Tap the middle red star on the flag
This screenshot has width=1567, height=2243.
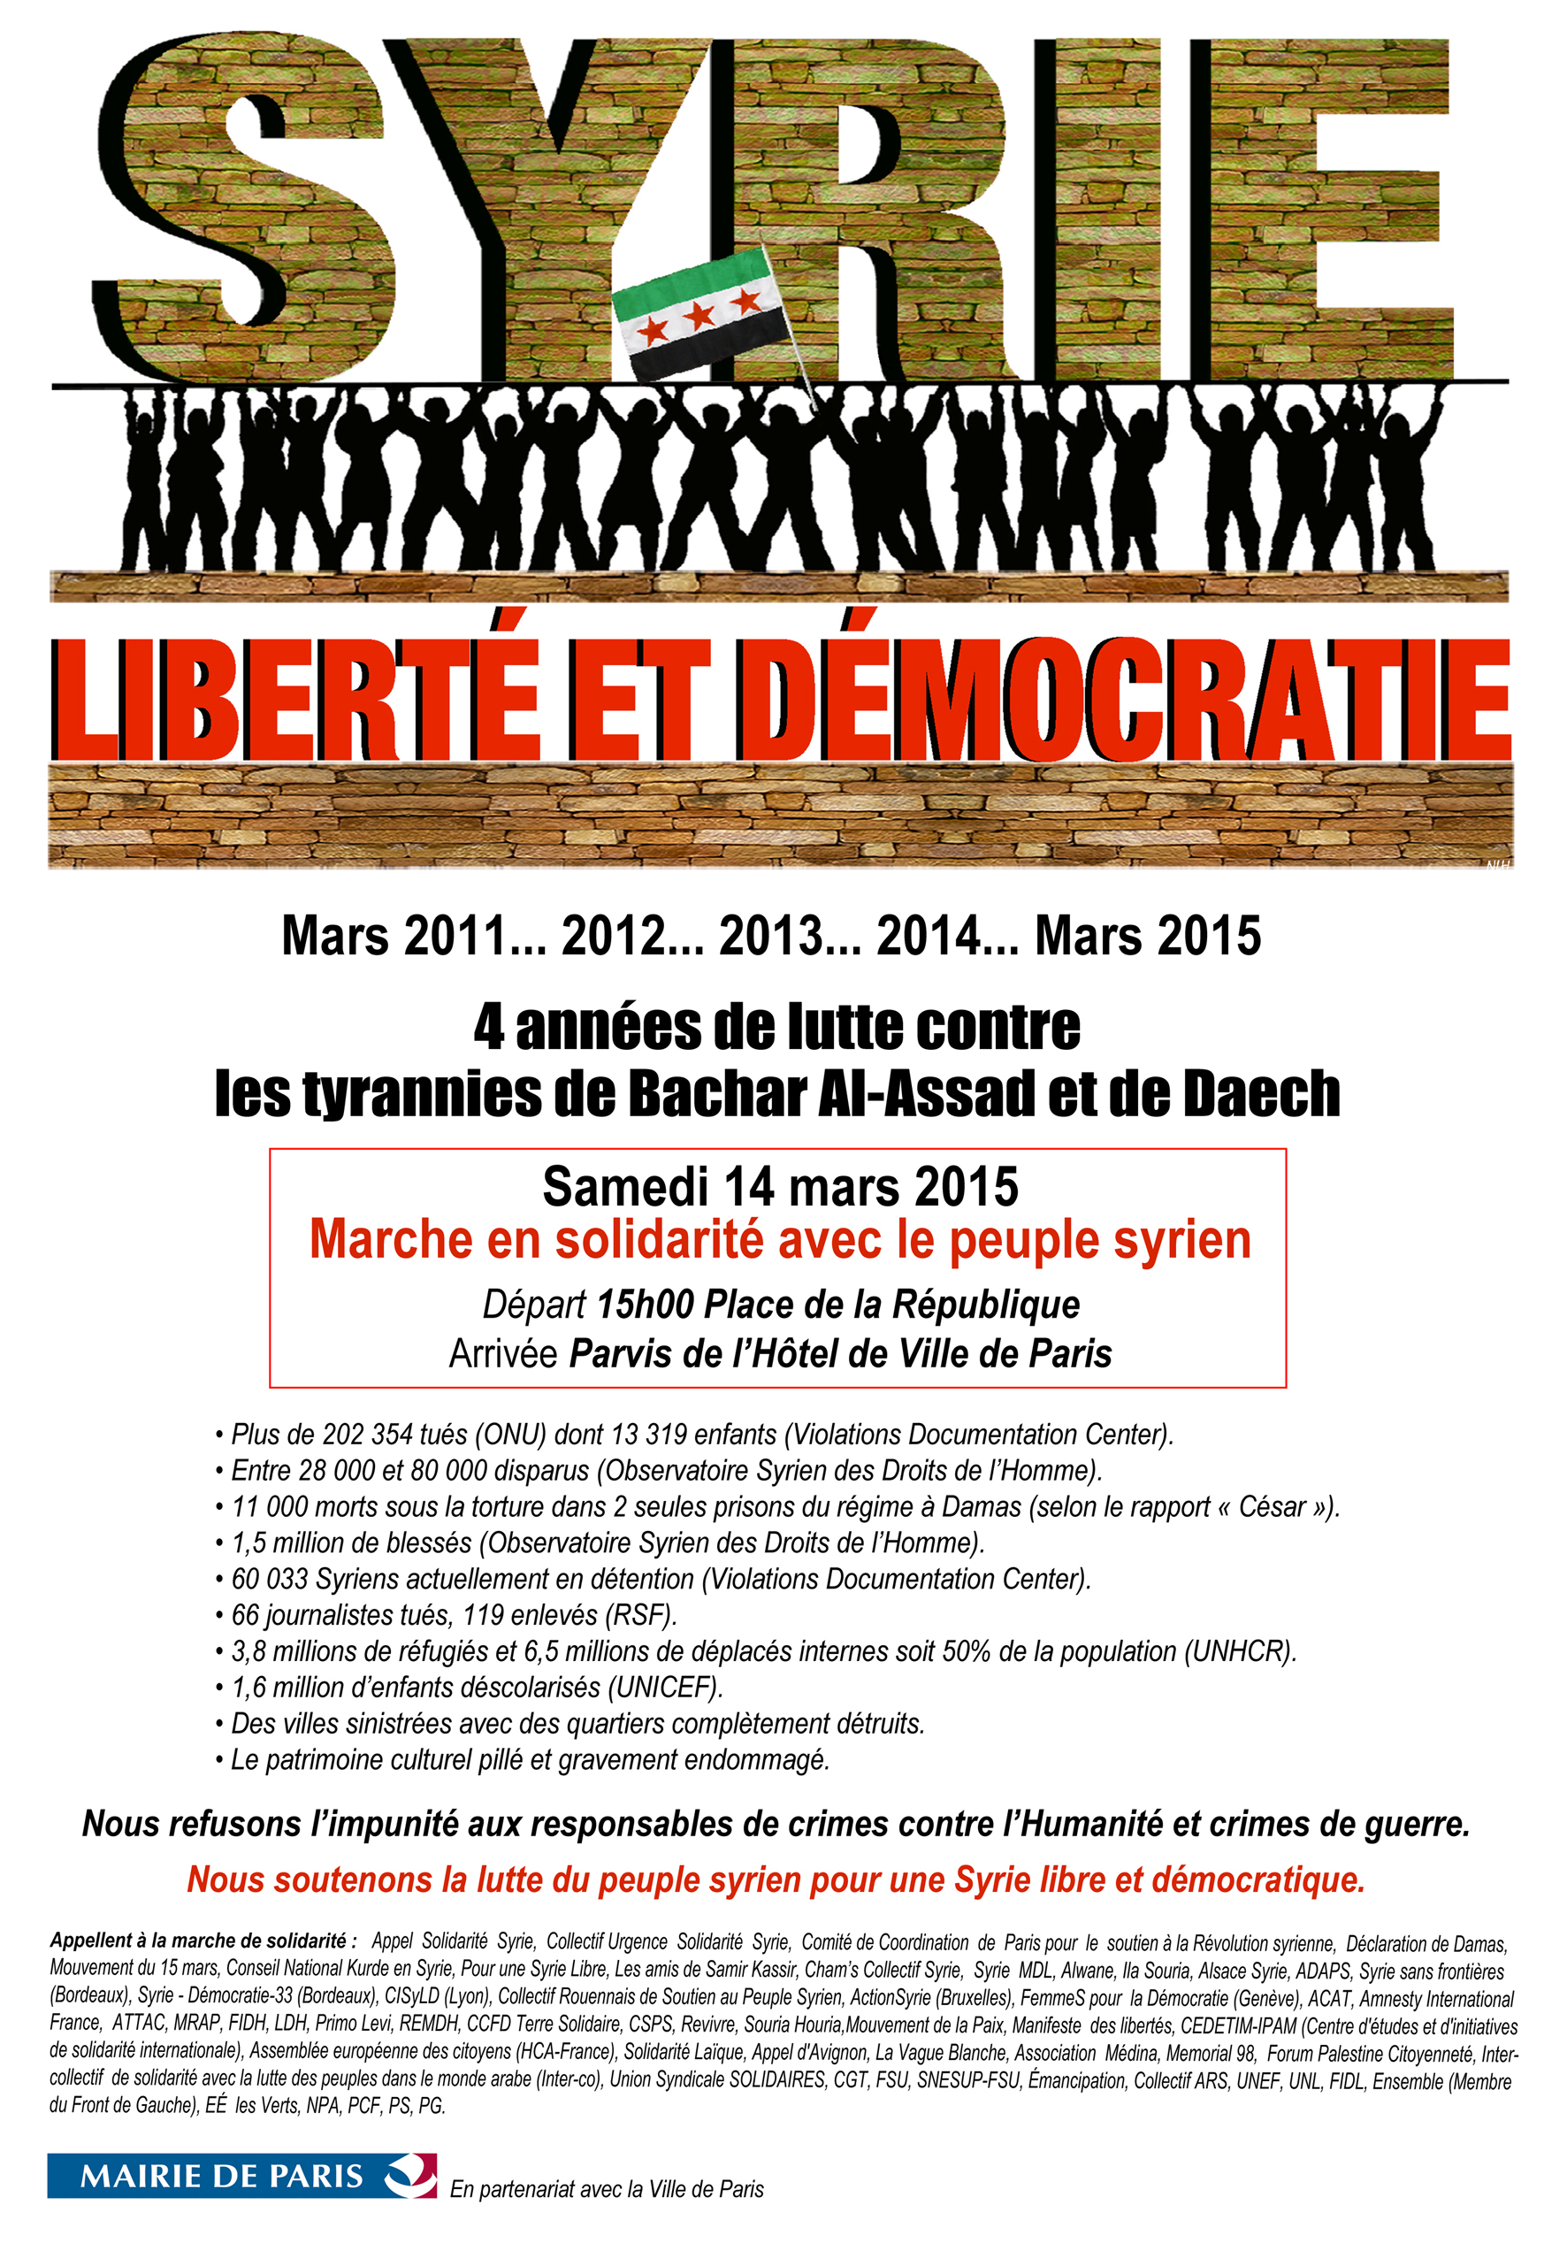click(x=699, y=316)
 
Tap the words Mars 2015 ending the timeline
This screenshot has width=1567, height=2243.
click(x=1148, y=936)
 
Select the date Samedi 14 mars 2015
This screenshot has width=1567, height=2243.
click(x=780, y=1187)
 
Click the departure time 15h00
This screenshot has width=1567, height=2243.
click(x=645, y=1305)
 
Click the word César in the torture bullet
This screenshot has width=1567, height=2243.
click(x=1272, y=1506)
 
